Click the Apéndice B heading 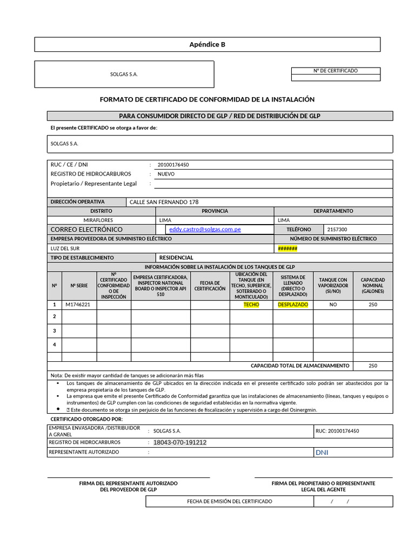[x=207, y=44]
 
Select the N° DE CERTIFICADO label [x=335, y=71]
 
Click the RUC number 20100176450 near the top [x=173, y=165]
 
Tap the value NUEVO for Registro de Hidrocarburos [x=166, y=174]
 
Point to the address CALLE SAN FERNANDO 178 [x=164, y=202]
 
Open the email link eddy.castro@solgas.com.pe [x=205, y=230]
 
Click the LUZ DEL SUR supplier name [x=65, y=248]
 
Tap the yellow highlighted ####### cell [x=287, y=248]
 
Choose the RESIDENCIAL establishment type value [x=176, y=258]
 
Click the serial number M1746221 [x=78, y=305]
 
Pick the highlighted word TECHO [x=251, y=305]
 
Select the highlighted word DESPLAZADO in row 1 [x=293, y=305]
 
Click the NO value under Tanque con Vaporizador [x=333, y=305]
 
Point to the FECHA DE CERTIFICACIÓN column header [x=210, y=286]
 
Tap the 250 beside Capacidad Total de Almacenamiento [x=373, y=366]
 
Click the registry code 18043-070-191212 [x=180, y=442]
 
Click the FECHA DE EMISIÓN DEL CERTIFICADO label [x=230, y=502]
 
